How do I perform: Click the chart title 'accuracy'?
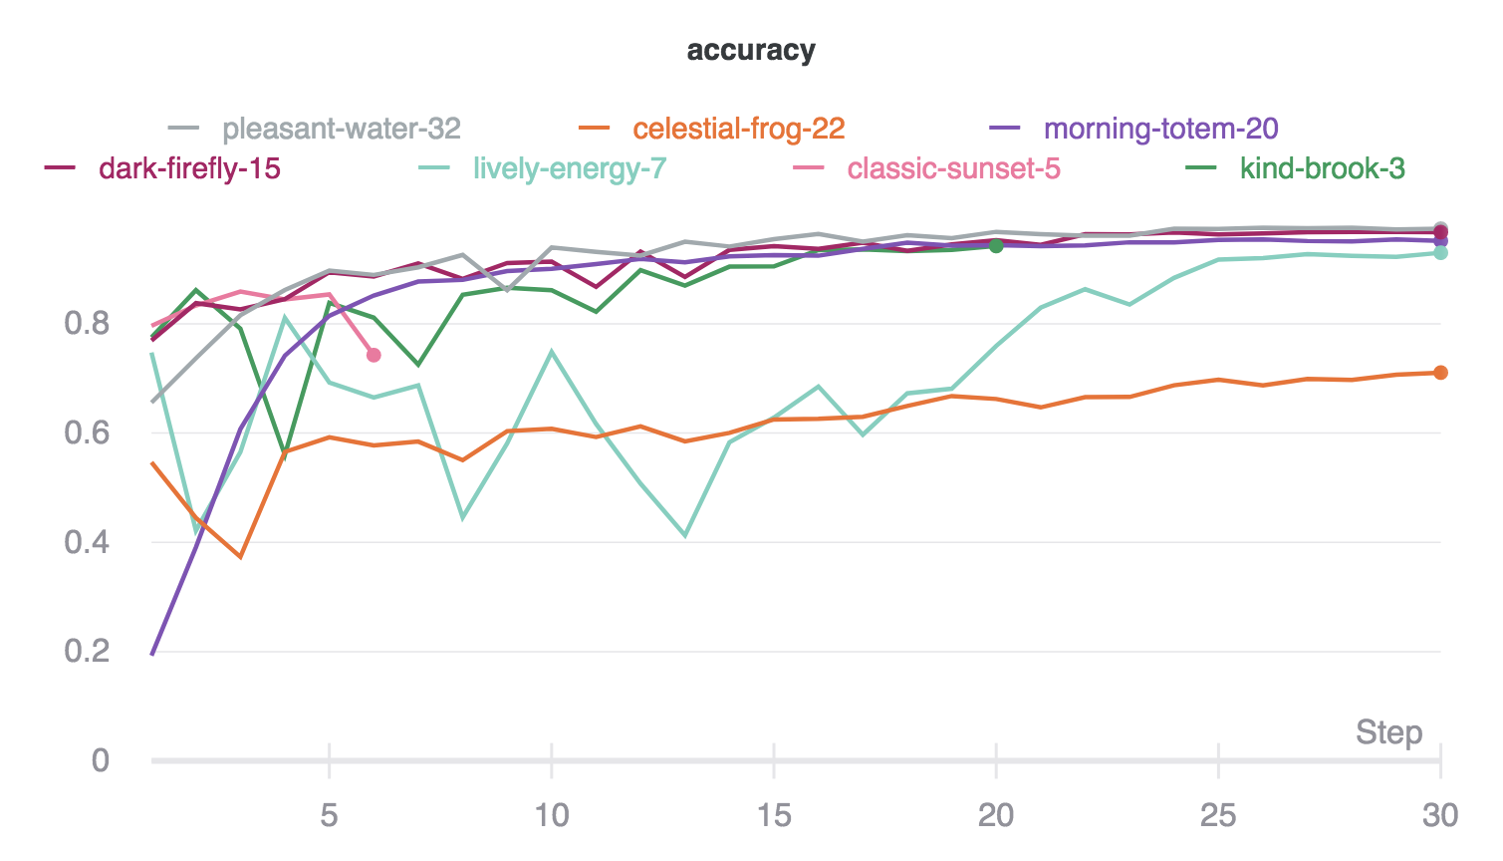coord(751,51)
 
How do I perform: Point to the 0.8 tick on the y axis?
coord(87,324)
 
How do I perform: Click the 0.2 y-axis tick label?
coord(87,652)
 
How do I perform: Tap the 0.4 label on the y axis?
coord(87,543)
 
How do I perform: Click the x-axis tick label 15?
coord(774,816)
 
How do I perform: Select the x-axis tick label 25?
coord(1218,816)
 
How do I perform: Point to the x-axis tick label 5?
coord(329,816)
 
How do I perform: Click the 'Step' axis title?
coord(1388,733)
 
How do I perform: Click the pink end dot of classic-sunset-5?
coord(374,356)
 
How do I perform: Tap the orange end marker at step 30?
coord(1440,373)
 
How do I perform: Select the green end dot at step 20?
coord(996,245)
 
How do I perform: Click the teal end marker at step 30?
coord(1440,253)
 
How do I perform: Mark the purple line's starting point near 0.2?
coord(152,654)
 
